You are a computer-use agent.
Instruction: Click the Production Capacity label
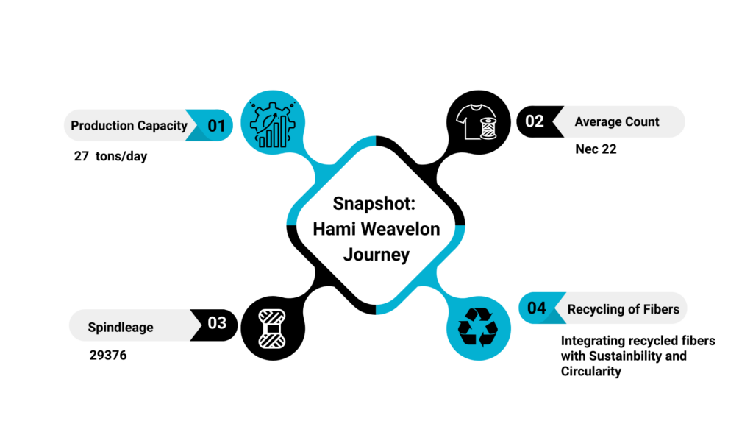pos(129,126)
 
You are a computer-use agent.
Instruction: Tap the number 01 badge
pos(216,126)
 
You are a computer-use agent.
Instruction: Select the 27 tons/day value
pos(110,156)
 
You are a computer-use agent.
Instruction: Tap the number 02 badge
pos(535,121)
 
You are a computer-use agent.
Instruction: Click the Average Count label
pos(617,121)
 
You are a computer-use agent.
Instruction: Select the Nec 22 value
pos(596,149)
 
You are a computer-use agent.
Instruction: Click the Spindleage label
pos(121,327)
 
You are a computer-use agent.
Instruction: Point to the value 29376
pos(108,356)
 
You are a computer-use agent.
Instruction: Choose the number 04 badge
pos(537,308)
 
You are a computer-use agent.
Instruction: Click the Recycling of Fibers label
pos(623,309)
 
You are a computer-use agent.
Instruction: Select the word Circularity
pos(590,372)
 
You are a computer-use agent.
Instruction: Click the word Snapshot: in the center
pos(376,203)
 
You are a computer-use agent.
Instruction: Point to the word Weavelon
pos(404,229)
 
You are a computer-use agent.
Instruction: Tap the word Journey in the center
pos(376,255)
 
